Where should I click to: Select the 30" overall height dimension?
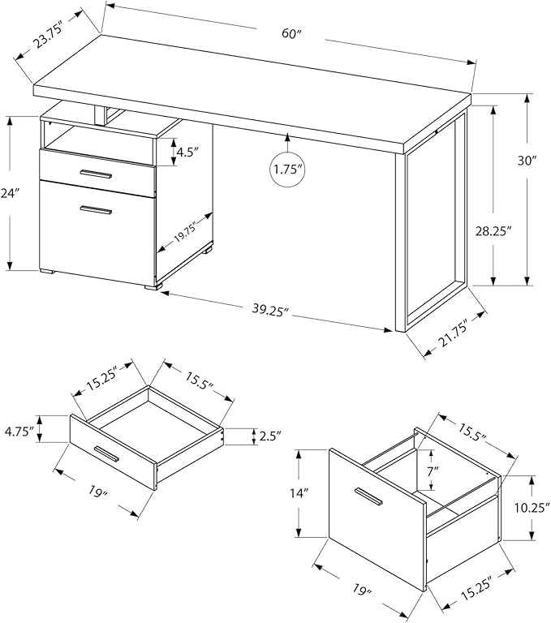coord(529,161)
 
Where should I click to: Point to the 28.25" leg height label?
coord(493,230)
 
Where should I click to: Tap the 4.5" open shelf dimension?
coord(188,151)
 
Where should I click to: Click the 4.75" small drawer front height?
coord(20,430)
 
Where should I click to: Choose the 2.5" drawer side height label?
coord(270,436)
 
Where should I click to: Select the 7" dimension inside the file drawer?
coord(433,470)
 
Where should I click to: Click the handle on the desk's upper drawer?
coord(97,174)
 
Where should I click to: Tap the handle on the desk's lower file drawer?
coord(97,210)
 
